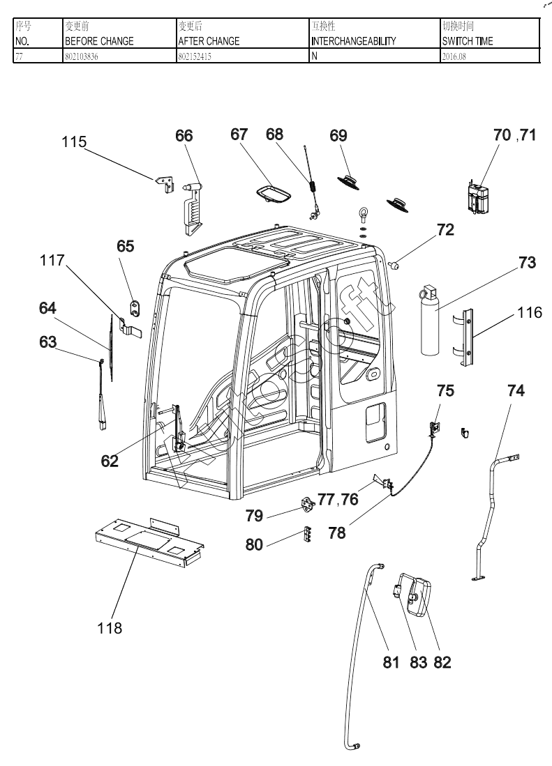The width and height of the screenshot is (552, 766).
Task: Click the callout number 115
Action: click(73, 142)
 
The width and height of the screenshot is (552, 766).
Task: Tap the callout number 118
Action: click(110, 628)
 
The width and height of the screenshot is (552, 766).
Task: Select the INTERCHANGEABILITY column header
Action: click(353, 41)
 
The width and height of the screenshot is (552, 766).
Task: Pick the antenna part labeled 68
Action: click(311, 184)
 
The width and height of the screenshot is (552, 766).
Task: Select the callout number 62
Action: click(110, 461)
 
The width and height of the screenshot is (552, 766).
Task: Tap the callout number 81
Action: click(391, 662)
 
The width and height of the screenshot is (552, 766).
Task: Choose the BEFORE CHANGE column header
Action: click(98, 41)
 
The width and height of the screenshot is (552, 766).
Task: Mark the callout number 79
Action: click(254, 516)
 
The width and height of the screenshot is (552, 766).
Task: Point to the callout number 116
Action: click(530, 313)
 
